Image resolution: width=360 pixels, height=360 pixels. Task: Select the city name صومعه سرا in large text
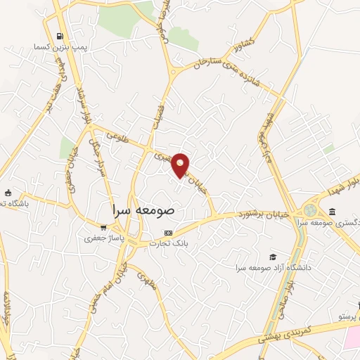point(147,209)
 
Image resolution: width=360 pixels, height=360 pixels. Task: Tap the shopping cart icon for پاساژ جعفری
point(104,228)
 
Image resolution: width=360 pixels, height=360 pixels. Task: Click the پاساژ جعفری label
point(103,238)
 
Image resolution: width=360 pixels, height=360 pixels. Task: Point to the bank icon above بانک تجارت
point(167,233)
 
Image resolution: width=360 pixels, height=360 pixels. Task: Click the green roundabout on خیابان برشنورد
point(310,210)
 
